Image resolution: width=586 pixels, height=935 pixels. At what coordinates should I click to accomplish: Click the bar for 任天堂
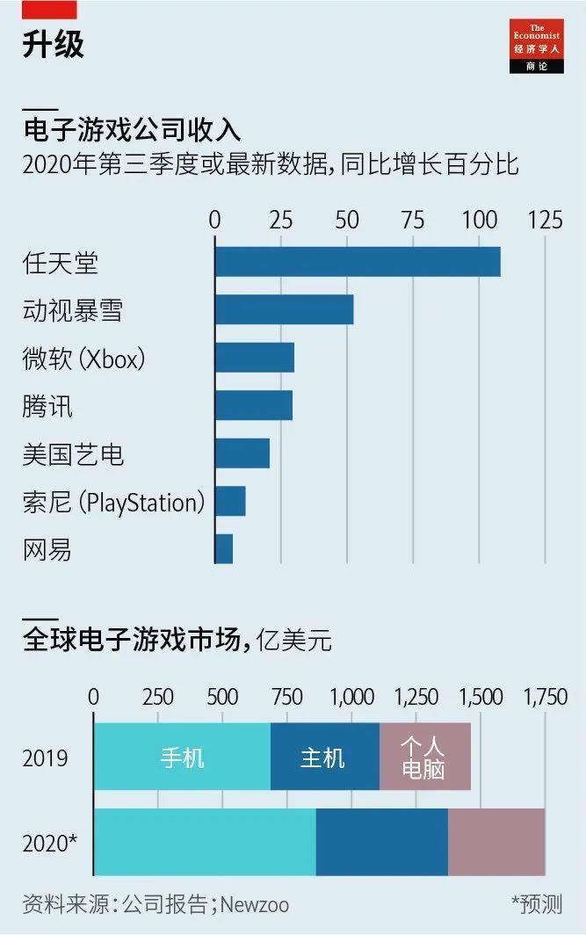358,262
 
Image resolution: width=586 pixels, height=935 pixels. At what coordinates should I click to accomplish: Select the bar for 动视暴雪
284,309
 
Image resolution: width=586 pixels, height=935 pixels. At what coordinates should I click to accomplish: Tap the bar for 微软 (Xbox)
255,358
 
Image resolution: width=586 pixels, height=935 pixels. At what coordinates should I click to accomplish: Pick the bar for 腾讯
254,405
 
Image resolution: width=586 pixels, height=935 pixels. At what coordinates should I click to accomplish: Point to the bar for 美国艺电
242,453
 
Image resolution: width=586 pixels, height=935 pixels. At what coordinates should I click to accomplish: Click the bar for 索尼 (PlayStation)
230,501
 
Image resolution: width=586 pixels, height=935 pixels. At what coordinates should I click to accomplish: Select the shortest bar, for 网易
224,549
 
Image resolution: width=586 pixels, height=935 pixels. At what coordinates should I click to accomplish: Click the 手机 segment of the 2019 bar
182,757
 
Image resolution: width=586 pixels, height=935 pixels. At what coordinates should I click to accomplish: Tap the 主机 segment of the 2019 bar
324,757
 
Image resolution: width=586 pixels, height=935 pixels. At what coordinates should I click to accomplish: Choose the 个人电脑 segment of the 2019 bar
424,757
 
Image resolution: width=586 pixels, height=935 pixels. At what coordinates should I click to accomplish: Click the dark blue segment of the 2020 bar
381,842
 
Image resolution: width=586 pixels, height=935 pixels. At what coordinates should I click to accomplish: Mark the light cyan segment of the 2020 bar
205,842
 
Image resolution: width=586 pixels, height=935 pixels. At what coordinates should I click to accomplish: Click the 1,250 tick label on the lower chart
416,697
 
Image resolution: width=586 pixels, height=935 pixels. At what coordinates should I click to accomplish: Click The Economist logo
537,47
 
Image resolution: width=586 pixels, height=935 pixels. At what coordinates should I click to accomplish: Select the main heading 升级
53,45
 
